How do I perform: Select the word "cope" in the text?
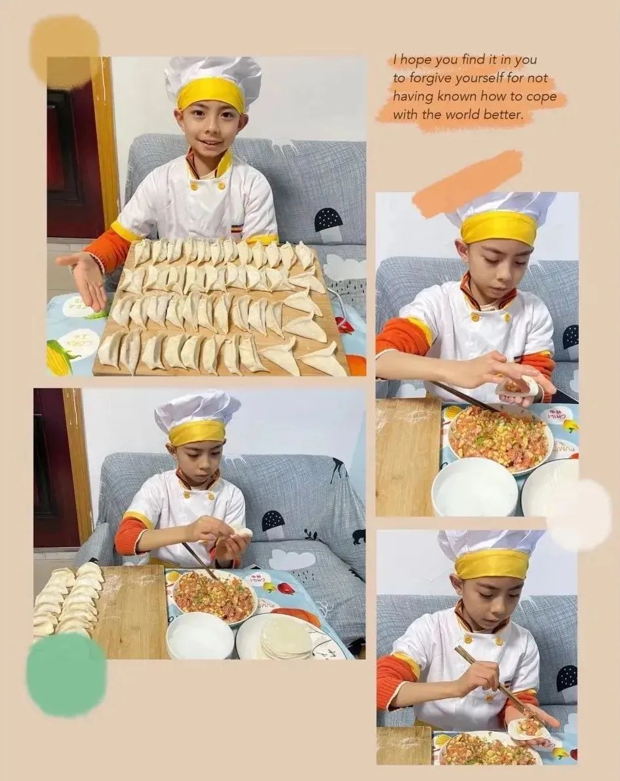coord(541,96)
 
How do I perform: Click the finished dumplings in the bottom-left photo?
coord(69,600)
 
